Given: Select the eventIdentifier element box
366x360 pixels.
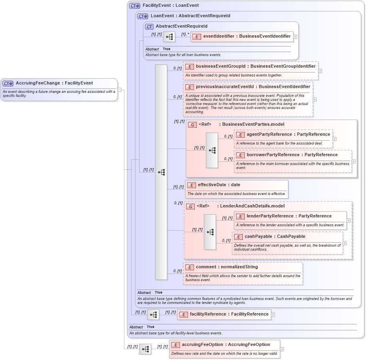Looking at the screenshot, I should [242, 36].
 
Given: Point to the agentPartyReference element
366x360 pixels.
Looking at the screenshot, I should [283, 135].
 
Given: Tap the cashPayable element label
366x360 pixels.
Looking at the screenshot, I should [275, 237].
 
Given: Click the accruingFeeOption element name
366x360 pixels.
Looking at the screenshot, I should [226, 345].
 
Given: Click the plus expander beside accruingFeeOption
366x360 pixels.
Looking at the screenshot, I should [282, 349].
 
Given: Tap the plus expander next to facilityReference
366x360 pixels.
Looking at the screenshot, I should [273, 315].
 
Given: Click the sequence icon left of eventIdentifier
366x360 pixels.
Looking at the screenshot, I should [169, 37].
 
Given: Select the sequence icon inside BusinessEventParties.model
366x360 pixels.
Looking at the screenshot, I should [212, 150].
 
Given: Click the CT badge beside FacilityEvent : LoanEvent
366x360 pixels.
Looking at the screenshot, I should [134, 6].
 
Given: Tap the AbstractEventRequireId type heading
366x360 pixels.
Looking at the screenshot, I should [181, 26].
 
